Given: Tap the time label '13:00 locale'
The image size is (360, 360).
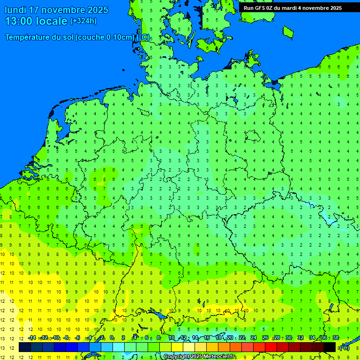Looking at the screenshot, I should (36, 21).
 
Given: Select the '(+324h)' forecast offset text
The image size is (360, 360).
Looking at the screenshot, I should (83, 21).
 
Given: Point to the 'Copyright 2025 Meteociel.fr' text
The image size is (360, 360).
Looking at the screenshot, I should (199, 357).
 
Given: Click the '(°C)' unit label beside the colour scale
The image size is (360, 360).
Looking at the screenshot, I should (344, 348).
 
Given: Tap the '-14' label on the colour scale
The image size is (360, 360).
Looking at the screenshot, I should (32, 338).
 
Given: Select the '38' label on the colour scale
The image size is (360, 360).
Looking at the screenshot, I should (336, 338).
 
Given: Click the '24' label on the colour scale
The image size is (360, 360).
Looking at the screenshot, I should (254, 338).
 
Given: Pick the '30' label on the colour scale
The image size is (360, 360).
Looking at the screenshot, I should (289, 338).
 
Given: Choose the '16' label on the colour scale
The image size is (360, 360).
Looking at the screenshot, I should (207, 338).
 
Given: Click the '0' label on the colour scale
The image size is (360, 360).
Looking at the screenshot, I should (112, 338).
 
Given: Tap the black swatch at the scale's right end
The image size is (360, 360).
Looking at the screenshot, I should (330, 347).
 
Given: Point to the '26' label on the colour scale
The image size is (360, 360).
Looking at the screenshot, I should (265, 338).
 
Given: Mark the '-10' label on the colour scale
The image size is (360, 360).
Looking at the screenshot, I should (55, 338).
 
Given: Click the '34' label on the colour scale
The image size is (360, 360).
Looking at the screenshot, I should (312, 338).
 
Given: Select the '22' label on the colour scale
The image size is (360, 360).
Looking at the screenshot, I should (242, 338).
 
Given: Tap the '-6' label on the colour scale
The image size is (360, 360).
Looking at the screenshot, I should (78, 338).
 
